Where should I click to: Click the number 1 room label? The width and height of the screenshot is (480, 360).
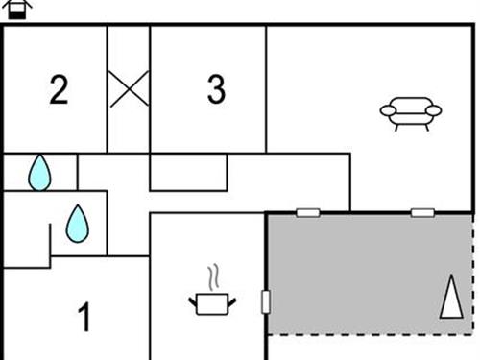(84, 317)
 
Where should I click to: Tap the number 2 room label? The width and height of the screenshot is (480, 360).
(60, 90)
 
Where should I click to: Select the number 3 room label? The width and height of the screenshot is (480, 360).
(216, 90)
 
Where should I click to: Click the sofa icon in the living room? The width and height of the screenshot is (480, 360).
(410, 113)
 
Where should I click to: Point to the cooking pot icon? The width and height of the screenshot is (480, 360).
(214, 302)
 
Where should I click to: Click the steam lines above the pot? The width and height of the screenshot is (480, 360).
(216, 278)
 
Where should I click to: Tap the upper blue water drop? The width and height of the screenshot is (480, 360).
(38, 173)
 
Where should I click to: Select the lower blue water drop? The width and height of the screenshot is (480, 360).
(77, 224)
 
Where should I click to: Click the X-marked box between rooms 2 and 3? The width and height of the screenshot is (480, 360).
(128, 89)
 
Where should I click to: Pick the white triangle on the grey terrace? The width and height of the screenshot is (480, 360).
(449, 297)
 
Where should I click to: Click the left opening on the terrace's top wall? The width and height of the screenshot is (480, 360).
(308, 212)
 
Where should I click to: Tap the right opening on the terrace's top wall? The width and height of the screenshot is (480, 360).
(422, 212)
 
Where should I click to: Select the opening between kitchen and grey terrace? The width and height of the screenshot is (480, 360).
(266, 301)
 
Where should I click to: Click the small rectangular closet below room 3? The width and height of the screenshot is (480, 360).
(188, 171)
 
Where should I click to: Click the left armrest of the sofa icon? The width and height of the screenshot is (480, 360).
(387, 111)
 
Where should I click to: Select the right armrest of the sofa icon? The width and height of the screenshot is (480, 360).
(434, 111)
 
